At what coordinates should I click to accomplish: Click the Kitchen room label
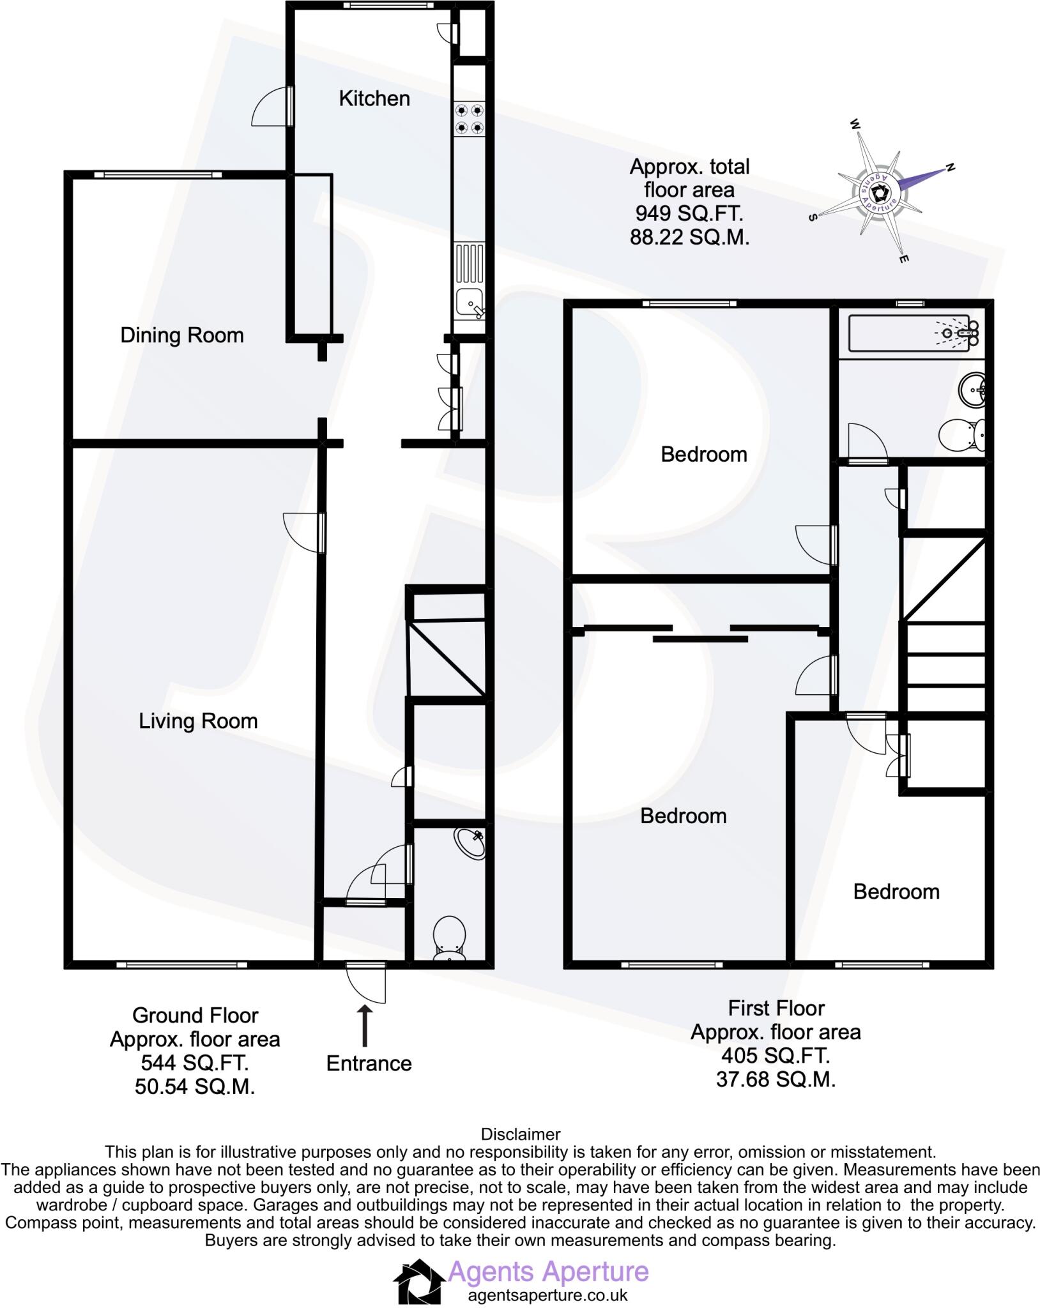374,98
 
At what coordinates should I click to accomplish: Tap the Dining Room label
182,335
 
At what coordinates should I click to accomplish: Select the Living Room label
198,721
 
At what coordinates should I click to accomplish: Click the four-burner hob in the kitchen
469,119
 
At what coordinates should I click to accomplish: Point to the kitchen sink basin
469,302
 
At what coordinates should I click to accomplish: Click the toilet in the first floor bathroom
963,436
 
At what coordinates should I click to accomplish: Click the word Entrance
369,1063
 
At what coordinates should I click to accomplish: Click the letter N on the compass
950,168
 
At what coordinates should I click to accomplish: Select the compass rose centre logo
880,190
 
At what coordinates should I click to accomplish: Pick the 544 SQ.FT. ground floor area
194,1063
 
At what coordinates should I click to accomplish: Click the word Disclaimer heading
520,1134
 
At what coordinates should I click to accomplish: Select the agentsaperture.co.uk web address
547,1295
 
